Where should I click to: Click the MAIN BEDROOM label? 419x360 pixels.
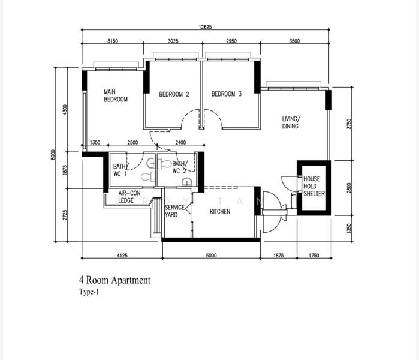(x=116, y=95)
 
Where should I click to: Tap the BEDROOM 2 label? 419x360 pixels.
(x=174, y=94)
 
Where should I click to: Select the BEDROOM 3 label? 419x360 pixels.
(x=227, y=94)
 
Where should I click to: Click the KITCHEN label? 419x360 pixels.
(x=219, y=212)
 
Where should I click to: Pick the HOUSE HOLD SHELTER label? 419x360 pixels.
(x=314, y=186)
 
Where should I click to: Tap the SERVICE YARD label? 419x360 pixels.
(x=174, y=211)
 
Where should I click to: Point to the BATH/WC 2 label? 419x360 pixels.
(x=180, y=167)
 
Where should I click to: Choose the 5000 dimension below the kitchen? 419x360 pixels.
(x=211, y=256)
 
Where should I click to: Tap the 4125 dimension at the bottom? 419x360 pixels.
(x=122, y=256)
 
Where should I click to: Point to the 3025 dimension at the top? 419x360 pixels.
(x=173, y=41)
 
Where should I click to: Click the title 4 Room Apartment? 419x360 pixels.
(x=114, y=280)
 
